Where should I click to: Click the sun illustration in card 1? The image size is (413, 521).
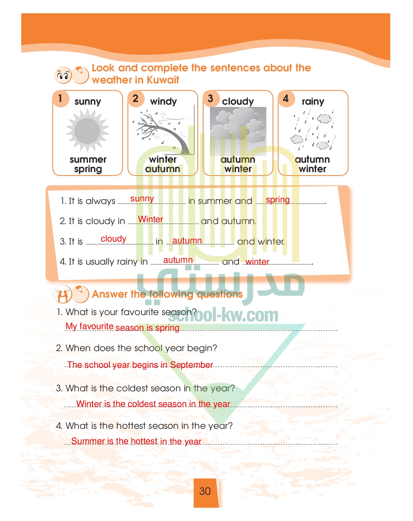coord(88,130)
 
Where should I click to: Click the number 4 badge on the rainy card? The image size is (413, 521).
coord(286,99)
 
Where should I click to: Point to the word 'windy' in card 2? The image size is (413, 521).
coord(163,101)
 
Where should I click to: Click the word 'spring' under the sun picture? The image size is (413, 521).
coord(88,169)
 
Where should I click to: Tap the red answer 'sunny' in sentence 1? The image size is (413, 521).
coord(142,199)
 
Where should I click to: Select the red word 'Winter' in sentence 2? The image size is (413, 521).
coord(150,219)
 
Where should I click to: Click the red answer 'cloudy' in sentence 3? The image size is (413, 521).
coord(113,239)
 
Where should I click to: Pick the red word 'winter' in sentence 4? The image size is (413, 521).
coord(257,262)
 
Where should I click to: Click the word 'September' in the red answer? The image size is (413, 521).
coord(191,365)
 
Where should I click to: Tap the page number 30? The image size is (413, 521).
coord(205,491)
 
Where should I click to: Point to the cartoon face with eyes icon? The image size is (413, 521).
coord(63,75)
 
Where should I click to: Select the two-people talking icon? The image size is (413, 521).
coord(63,294)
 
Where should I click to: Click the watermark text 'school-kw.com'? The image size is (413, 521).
coord(223,315)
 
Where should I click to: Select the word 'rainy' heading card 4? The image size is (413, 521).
coord(313,102)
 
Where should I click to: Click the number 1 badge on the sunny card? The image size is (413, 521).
coord(61,99)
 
